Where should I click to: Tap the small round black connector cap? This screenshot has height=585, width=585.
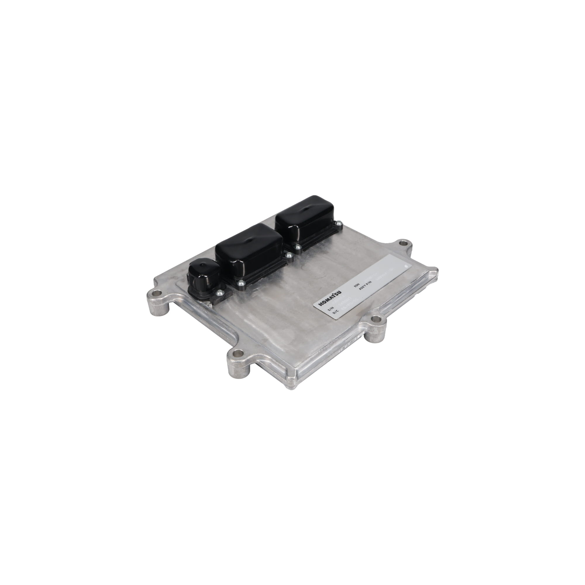click(204, 274)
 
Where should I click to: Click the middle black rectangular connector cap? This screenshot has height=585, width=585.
click(249, 249)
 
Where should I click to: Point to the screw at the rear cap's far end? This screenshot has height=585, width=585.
click(338, 223)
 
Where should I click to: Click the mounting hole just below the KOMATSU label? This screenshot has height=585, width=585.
click(376, 319)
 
